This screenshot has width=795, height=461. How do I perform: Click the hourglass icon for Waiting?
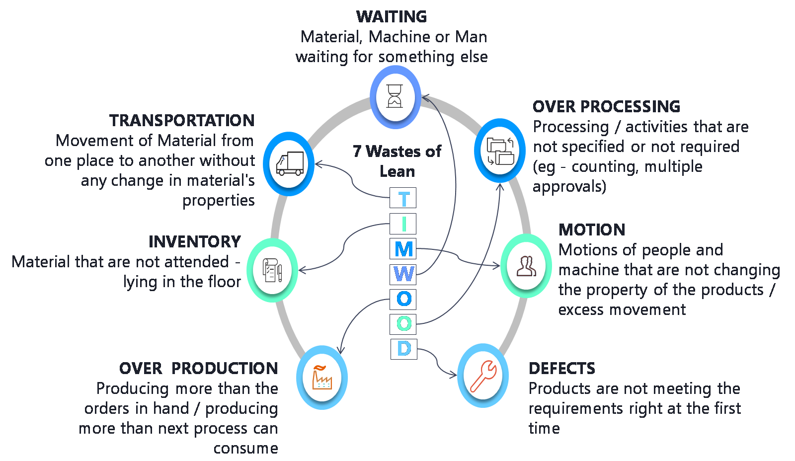click(x=395, y=96)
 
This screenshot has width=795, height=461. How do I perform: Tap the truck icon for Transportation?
click(x=289, y=164)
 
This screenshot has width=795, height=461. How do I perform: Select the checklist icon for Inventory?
click(x=272, y=270)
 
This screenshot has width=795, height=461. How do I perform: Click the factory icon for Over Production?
click(x=322, y=378)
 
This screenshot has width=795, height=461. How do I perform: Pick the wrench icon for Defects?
click(x=483, y=376)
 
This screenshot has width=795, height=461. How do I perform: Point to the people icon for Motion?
click(x=526, y=266)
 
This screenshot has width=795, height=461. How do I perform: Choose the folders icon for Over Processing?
click(x=500, y=151)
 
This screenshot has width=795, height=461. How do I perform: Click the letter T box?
click(x=403, y=199)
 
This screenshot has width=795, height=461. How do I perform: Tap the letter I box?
click(x=403, y=224)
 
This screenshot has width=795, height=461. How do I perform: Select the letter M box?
click(x=403, y=249)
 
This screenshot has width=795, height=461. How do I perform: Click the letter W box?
click(x=403, y=274)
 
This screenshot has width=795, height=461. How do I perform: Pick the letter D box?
click(x=403, y=349)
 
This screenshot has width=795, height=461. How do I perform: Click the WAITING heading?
click(x=392, y=17)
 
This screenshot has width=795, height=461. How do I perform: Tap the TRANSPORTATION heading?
click(x=182, y=120)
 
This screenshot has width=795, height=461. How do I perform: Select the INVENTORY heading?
click(x=195, y=241)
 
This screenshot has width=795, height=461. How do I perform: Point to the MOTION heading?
click(x=592, y=230)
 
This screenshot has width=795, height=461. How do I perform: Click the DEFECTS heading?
click(x=562, y=368)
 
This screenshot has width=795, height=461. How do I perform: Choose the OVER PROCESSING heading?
click(x=606, y=106)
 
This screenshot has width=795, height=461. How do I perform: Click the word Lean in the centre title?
click(x=397, y=171)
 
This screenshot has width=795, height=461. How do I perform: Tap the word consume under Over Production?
click(x=245, y=448)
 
